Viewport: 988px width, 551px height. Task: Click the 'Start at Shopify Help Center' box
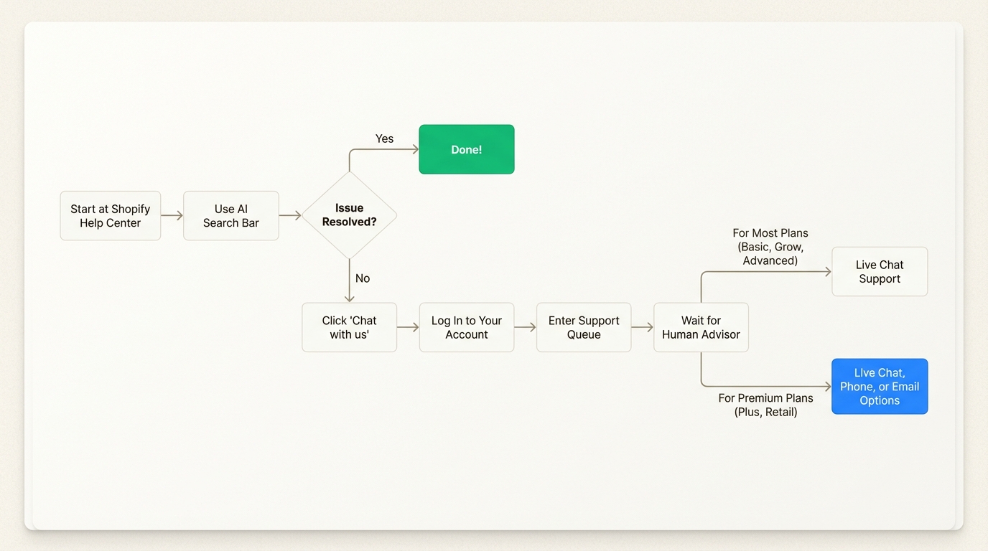point(110,216)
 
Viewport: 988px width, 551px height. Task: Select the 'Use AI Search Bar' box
point(230,216)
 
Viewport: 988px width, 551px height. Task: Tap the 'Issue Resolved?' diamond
point(349,215)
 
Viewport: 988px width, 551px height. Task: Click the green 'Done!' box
point(466,149)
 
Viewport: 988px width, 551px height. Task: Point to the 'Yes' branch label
point(384,138)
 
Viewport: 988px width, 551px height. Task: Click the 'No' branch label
point(363,278)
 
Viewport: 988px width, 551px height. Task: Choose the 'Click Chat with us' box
point(349,327)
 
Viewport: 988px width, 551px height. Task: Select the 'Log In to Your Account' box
point(466,327)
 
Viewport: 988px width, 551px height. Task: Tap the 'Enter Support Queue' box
point(583,327)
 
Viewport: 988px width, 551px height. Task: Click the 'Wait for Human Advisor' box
point(701,327)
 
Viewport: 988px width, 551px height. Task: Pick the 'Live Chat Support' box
point(879,272)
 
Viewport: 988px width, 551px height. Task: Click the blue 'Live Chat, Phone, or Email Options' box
point(879,387)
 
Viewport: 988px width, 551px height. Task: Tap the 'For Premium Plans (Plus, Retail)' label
point(765,405)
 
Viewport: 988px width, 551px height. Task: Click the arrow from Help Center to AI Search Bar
point(172,215)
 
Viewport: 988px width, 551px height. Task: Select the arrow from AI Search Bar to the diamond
point(290,215)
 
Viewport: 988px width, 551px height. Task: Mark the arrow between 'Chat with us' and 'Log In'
point(408,327)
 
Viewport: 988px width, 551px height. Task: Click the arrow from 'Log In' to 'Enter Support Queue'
point(525,327)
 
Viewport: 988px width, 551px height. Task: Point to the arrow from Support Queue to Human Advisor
point(642,327)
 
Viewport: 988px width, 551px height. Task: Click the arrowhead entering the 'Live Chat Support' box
point(827,272)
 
